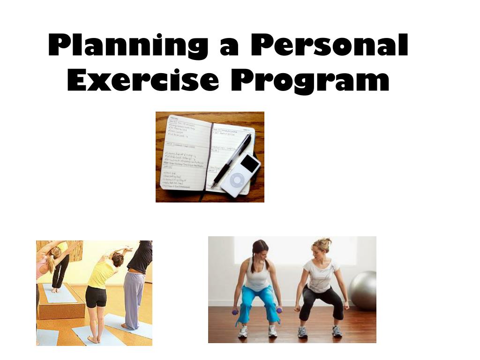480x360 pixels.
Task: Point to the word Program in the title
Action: pos(310,81)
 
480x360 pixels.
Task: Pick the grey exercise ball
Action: pos(364,291)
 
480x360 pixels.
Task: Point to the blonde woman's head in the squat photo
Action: pos(322,247)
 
